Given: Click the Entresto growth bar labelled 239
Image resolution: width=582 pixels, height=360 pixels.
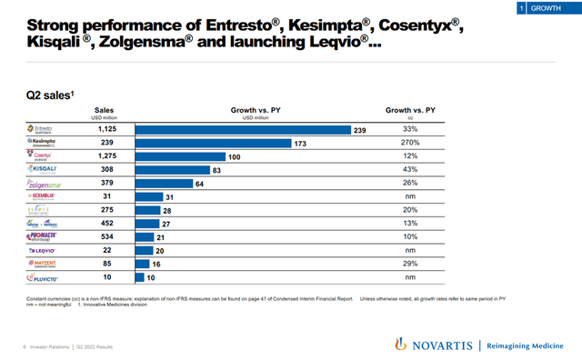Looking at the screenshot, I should [x=243, y=130].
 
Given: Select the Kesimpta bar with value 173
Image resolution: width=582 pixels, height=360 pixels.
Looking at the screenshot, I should [x=213, y=143].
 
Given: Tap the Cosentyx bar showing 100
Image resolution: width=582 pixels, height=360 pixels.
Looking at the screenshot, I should [x=180, y=156].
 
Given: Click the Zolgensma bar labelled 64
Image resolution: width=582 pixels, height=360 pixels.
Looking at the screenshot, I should [x=164, y=183].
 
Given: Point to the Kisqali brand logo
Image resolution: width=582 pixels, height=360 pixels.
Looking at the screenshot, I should [x=45, y=170].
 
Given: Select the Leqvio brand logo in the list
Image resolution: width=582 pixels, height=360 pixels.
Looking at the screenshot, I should [x=45, y=249].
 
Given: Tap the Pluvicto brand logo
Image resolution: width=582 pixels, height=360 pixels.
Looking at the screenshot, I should [x=45, y=275].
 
